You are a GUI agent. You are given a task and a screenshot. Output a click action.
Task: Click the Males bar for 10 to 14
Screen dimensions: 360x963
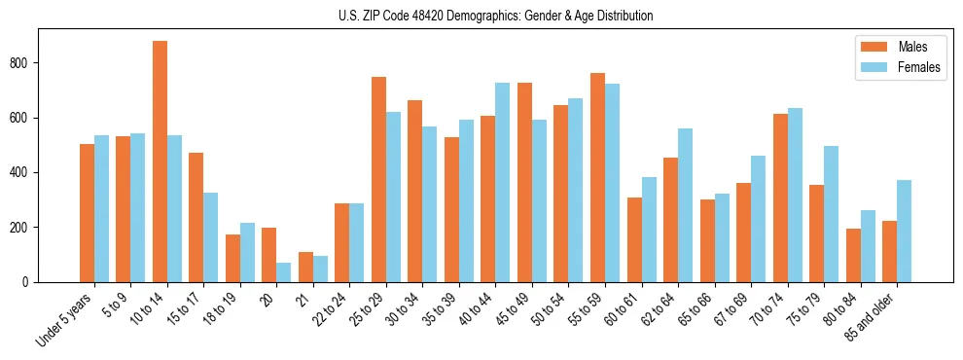pyautogui.click(x=160, y=162)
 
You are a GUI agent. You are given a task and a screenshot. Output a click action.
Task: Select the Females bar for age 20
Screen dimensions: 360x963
pyautogui.click(x=284, y=272)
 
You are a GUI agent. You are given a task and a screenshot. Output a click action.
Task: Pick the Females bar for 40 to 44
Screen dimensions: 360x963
pyautogui.click(x=503, y=183)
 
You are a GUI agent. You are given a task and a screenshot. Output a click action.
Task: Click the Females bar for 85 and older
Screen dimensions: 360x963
pyautogui.click(x=905, y=232)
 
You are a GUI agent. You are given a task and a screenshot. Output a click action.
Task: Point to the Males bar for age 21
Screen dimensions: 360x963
pyautogui.click(x=305, y=268)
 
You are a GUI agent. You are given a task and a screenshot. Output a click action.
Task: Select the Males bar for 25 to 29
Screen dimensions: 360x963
pyautogui.click(x=378, y=180)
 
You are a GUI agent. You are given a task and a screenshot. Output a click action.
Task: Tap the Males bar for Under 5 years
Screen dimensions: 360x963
pyautogui.click(x=87, y=213)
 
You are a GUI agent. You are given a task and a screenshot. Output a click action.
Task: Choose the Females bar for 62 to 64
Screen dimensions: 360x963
pyautogui.click(x=686, y=205)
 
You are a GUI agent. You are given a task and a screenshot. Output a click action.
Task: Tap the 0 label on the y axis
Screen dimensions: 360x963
pyautogui.click(x=29, y=282)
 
